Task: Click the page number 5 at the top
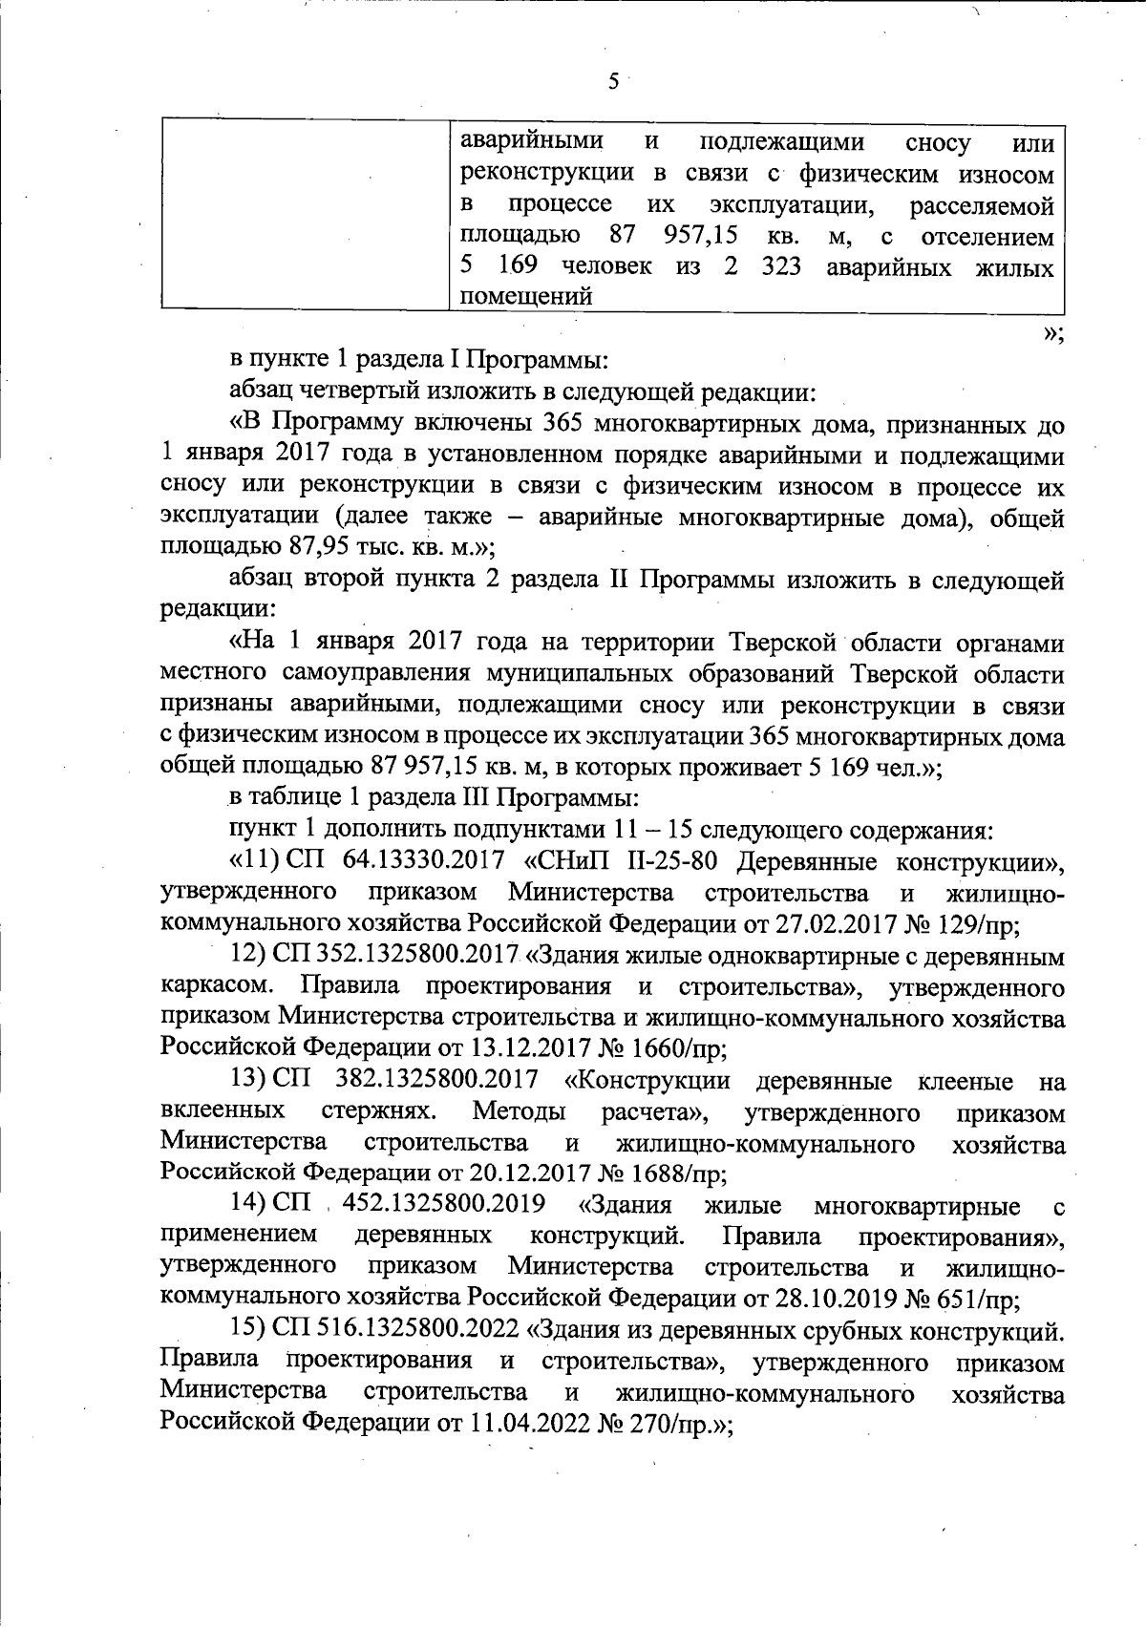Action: [x=613, y=81]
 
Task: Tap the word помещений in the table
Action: [x=526, y=297]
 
